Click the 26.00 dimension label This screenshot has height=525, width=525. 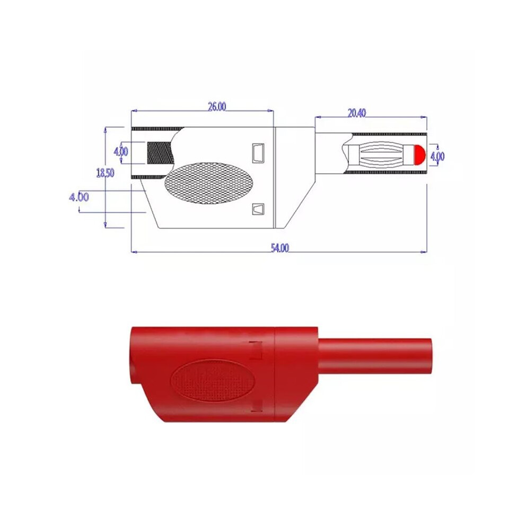(x=217, y=107)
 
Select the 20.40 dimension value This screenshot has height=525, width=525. (x=356, y=113)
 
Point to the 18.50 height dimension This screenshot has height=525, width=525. (x=105, y=173)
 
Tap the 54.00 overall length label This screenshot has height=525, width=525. (x=279, y=248)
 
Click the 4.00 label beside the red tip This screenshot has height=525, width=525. (x=437, y=156)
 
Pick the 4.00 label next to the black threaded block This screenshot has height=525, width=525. (x=121, y=152)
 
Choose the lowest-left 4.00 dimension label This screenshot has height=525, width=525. (x=79, y=197)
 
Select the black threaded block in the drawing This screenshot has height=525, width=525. (x=160, y=153)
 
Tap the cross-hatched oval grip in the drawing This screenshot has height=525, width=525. (x=209, y=183)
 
